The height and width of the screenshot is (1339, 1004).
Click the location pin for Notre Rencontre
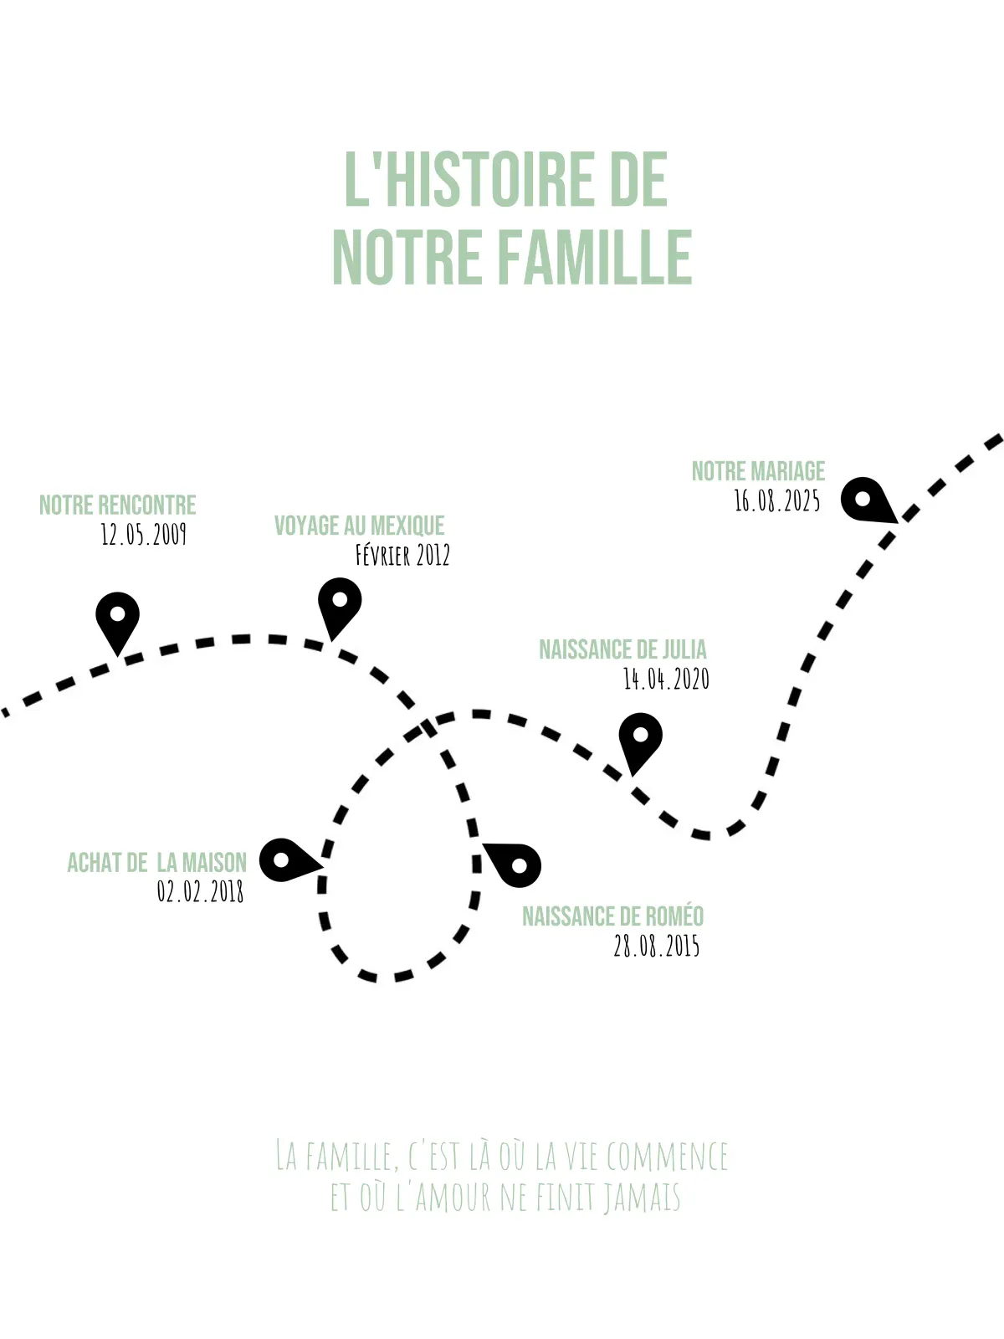pos(118,621)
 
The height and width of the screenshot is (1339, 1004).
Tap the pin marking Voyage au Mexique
pos(340,607)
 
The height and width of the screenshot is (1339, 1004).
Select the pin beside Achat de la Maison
pos(288,860)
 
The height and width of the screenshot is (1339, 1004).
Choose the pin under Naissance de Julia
pos(640,741)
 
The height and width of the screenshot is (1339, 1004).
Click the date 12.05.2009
pos(143,535)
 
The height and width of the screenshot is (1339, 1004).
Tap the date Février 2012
pos(402,555)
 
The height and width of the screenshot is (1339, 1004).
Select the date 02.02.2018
pos(200,891)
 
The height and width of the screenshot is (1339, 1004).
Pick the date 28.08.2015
pos(657,947)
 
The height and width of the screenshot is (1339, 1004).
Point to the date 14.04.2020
pos(666,679)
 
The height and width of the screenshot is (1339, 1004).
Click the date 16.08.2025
pos(776,500)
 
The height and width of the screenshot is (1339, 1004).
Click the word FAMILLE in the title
pos(596,257)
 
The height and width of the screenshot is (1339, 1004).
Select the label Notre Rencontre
pos(118,505)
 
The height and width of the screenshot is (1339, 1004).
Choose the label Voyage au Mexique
pos(359,526)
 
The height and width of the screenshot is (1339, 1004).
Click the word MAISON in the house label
pos(214,863)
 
